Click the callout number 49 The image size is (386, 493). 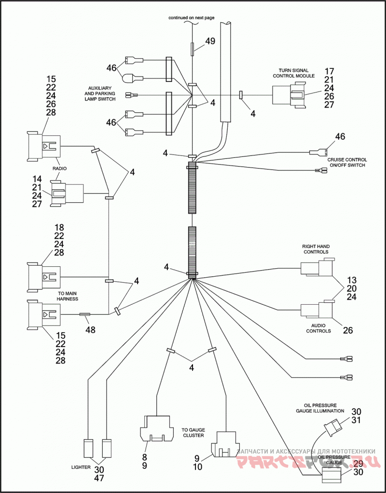click(x=210, y=41)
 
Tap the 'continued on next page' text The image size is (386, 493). click(x=192, y=18)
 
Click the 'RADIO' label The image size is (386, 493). click(x=59, y=169)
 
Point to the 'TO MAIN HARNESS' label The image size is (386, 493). click(x=68, y=296)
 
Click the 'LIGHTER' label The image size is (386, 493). click(x=81, y=476)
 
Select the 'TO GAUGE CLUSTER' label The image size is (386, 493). click(x=193, y=432)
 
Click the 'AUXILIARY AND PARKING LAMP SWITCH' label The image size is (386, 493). click(x=99, y=93)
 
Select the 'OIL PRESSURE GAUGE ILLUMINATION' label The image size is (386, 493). click(x=320, y=408)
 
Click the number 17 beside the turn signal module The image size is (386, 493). click(x=329, y=71)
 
